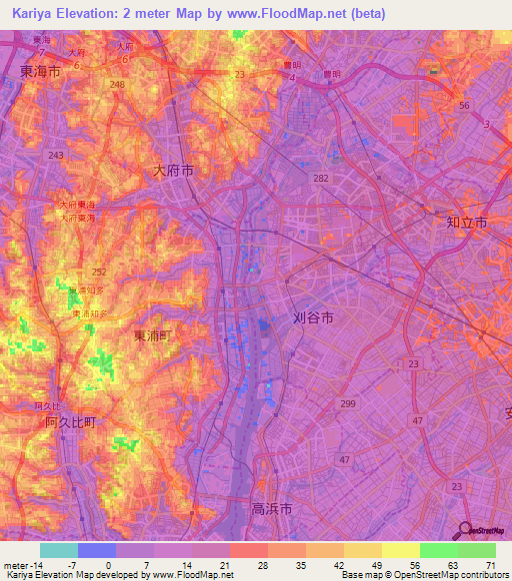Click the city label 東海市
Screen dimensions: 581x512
coord(40,72)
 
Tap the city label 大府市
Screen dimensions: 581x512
coord(173,171)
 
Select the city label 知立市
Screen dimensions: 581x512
coord(466,225)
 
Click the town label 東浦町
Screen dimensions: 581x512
coord(153,336)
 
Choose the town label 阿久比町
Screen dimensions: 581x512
coord(70,422)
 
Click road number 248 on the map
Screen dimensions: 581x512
coord(118,85)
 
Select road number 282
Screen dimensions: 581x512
coord(320,176)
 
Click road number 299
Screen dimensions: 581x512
coord(348,402)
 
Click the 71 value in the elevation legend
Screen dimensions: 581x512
coord(490,564)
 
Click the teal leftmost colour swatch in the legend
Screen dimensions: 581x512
coord(58,550)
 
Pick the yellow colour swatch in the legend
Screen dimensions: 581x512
coord(400,550)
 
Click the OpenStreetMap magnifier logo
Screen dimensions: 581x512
coord(466,530)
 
